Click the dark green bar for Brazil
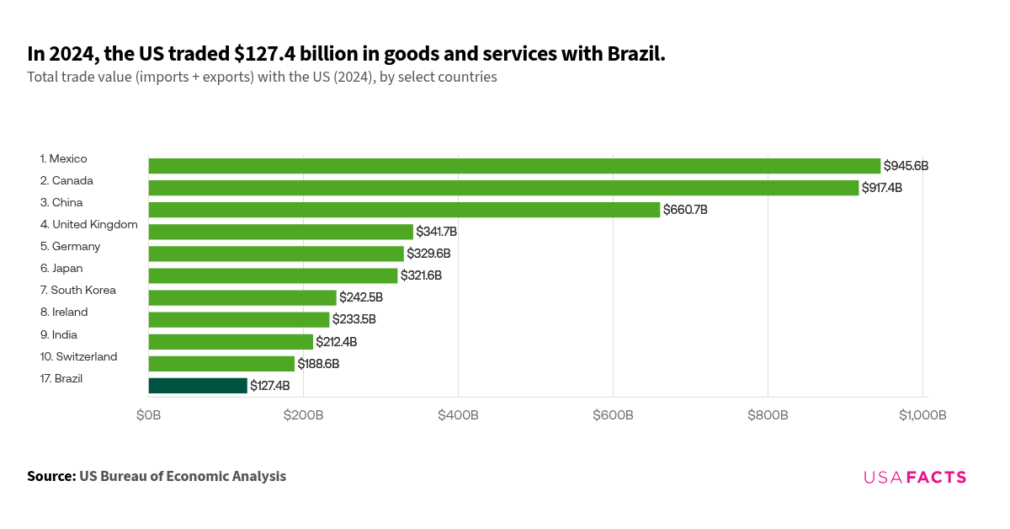point(198,386)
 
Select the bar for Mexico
point(514,166)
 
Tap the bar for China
point(404,210)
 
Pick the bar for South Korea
point(242,297)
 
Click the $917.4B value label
point(881,188)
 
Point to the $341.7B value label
point(436,232)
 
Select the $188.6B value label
point(318,364)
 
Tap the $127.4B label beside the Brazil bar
point(270,386)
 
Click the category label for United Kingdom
point(88,224)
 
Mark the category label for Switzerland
point(78,356)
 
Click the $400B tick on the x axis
point(458,415)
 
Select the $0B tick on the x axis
point(149,415)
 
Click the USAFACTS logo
point(915,478)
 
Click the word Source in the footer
point(51,476)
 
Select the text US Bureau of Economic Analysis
point(183,476)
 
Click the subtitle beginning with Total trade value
point(262,77)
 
